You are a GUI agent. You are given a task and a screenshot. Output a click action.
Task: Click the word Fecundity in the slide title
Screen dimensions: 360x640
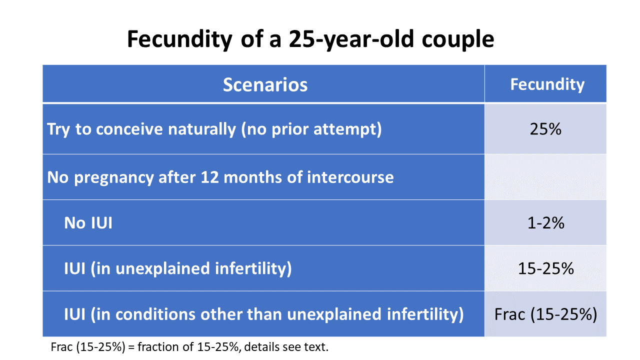point(179,39)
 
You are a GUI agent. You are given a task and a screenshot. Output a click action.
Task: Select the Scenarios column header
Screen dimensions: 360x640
point(264,84)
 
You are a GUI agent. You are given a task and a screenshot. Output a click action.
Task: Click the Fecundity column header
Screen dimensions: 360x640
point(546,84)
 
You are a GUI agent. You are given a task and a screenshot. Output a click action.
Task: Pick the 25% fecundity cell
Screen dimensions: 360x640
point(545,129)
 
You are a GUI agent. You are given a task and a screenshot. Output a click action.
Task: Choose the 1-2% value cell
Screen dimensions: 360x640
point(545,223)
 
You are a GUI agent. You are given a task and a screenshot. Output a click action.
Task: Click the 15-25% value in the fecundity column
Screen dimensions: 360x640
point(545,269)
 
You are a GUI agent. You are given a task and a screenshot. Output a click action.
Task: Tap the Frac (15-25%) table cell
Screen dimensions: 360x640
point(545,314)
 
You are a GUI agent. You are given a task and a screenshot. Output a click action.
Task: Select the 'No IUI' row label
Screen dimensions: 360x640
point(88,223)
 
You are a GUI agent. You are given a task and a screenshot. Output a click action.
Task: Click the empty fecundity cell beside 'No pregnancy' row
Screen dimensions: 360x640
point(545,177)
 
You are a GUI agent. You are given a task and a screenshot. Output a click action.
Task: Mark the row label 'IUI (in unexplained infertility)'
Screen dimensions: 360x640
point(177,269)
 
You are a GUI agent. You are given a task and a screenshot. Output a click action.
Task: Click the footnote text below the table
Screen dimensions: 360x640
point(189,347)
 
